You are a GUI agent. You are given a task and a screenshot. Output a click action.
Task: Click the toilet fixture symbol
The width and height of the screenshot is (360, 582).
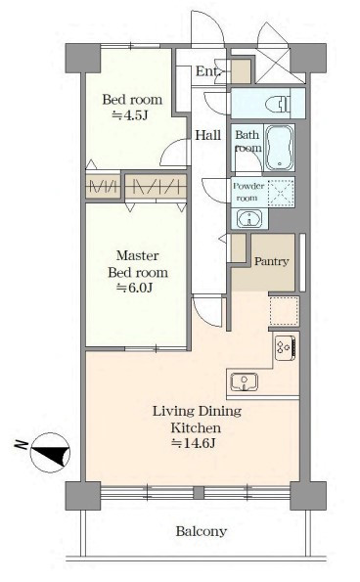tap(280, 103)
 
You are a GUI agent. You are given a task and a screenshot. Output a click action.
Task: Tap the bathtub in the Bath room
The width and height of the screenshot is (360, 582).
tap(280, 148)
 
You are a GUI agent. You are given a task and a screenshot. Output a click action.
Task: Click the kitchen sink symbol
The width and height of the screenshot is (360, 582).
tap(245, 382)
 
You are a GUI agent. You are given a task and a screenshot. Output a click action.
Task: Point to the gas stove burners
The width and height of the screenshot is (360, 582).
tap(285, 348)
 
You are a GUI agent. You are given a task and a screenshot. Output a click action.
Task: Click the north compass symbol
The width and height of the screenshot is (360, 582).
tap(50, 453)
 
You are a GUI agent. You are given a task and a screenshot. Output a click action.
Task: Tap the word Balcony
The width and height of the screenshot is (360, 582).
tap(202, 531)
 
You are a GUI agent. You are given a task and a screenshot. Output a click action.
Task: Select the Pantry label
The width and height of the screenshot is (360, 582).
tap(271, 262)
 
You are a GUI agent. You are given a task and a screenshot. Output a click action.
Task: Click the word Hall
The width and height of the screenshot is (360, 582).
tap(207, 135)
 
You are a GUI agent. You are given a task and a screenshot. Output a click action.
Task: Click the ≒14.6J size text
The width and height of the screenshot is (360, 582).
tap(194, 443)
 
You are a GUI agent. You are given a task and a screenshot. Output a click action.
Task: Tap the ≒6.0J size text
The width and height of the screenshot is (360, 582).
tap(135, 288)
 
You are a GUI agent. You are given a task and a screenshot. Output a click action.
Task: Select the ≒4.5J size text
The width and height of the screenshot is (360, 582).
tap(130, 115)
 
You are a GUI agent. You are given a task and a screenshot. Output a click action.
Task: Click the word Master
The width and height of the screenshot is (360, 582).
tap(137, 255)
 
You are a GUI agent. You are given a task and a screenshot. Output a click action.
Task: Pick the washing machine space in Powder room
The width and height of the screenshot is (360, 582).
tap(281, 193)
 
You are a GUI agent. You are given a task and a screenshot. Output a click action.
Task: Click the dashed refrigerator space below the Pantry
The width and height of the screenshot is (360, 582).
tap(284, 311)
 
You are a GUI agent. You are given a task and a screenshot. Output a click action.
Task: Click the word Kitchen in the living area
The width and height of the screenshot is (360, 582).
tap(196, 427)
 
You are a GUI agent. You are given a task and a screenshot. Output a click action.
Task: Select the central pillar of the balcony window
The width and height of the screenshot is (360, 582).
tap(199, 493)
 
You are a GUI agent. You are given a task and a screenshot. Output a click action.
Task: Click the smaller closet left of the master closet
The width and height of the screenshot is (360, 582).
tap(103, 185)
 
